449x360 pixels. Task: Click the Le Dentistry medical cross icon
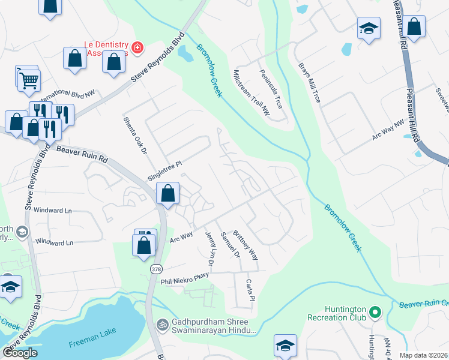click(137, 47)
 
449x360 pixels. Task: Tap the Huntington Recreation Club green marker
click(375, 312)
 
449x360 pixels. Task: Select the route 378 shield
click(156, 268)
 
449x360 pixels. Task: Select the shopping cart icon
click(29, 79)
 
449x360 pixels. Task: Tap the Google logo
click(20, 353)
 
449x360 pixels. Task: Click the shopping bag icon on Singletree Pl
click(168, 193)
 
